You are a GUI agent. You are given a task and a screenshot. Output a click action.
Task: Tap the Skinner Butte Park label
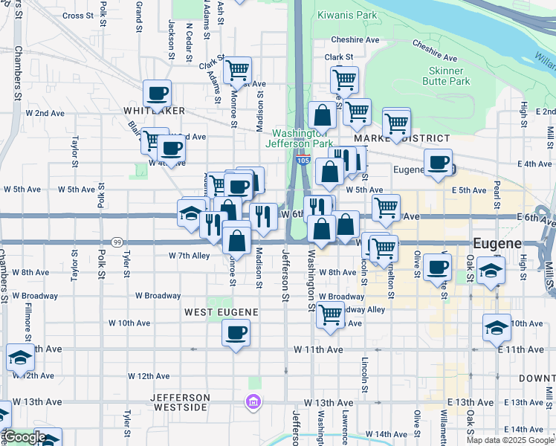(448, 76)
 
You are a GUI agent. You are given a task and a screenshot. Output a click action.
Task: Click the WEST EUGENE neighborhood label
(221, 312)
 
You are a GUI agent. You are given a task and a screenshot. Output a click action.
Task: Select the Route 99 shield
(117, 242)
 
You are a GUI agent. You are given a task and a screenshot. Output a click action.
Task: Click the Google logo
(24, 437)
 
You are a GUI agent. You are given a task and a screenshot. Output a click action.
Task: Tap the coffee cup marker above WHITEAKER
(158, 94)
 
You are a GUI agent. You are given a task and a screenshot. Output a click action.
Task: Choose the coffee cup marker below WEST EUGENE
(236, 333)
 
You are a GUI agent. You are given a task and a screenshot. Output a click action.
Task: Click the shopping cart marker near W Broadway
(330, 314)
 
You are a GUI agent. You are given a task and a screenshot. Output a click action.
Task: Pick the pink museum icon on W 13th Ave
(253, 402)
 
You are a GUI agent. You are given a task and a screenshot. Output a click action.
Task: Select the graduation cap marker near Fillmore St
(20, 359)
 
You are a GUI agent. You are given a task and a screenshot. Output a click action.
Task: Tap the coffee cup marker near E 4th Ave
(438, 163)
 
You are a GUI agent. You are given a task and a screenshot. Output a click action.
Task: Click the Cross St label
(79, 15)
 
